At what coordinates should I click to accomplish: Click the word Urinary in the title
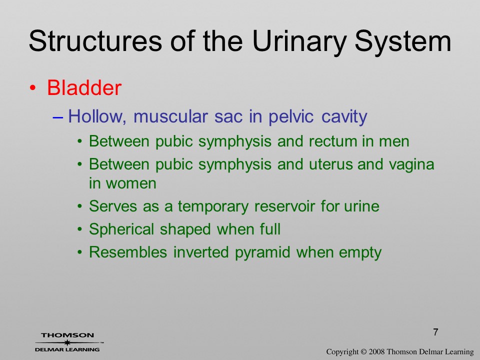[x=299, y=42]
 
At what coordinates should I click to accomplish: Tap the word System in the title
[x=403, y=42]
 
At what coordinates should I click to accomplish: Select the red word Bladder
[x=84, y=88]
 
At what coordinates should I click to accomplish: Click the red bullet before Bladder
[x=33, y=88]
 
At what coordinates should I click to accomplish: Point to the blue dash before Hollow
[x=57, y=117]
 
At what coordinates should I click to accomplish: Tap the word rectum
[x=333, y=141]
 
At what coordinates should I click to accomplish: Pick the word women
[x=131, y=183]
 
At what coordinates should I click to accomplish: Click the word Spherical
[x=121, y=230]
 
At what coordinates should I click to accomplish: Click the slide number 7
[x=435, y=332]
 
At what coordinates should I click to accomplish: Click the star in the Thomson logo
[x=67, y=342]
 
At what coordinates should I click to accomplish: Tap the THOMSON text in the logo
[x=67, y=335]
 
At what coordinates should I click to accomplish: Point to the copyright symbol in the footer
[x=363, y=352]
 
